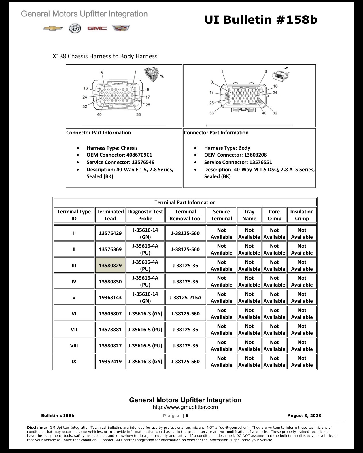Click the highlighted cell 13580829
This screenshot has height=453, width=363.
110,265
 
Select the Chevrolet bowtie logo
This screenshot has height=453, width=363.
53,28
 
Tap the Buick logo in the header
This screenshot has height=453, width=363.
75,28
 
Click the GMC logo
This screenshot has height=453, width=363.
97,28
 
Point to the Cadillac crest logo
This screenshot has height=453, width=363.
121,28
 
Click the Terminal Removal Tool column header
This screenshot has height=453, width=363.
186,215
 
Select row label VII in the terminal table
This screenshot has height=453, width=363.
74,329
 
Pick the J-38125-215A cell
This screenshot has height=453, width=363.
186,298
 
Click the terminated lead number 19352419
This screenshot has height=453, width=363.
110,361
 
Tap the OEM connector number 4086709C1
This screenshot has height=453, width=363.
139,155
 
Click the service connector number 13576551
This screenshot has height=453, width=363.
260,162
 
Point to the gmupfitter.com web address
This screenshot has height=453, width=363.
185,407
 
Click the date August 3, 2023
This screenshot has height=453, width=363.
304,415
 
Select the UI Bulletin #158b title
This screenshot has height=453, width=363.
260,20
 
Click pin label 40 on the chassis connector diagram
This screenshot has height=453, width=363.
99,114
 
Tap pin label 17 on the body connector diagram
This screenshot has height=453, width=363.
211,92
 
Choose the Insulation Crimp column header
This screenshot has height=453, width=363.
302,215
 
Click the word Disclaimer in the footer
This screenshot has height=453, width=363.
38,427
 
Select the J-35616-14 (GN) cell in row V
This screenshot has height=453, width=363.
145,298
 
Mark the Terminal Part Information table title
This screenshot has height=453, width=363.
185,202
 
